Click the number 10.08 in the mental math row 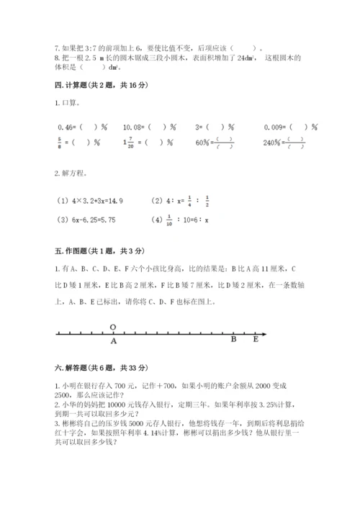click(x=133, y=127)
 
